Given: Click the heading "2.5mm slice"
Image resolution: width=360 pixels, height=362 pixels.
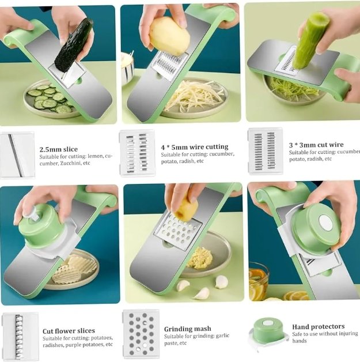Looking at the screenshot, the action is tap(58, 149).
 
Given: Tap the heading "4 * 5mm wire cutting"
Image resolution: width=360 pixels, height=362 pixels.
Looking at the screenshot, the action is tap(195, 147).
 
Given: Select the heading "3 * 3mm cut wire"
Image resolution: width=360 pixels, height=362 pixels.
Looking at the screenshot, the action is tap(316, 145).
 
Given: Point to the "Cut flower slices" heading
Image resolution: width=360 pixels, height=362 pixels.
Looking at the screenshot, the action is tap(69, 331).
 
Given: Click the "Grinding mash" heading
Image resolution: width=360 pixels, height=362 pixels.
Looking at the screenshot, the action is tap(188, 329).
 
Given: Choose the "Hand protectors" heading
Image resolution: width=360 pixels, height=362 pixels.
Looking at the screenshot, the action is tap(319, 327).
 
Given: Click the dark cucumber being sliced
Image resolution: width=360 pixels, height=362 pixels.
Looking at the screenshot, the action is tap(74, 44).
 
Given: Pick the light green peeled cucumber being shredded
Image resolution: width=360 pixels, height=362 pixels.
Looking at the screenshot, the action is tap(310, 40).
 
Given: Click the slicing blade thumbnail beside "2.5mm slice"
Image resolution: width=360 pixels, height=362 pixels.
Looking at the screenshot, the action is tap(17, 155).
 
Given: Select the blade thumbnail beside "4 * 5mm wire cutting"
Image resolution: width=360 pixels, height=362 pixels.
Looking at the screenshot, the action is tap(137, 153).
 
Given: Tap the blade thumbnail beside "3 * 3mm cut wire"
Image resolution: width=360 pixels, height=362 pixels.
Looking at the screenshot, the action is tap(265, 151).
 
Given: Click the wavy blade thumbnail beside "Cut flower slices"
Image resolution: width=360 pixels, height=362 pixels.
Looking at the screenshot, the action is tap(20, 336).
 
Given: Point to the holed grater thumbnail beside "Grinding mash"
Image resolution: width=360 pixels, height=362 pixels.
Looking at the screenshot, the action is tap(141, 334).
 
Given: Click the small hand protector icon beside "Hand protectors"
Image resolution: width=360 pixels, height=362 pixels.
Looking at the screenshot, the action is tap(268, 331).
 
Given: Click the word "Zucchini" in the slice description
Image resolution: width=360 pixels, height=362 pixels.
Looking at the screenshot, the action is tap(70, 163).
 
